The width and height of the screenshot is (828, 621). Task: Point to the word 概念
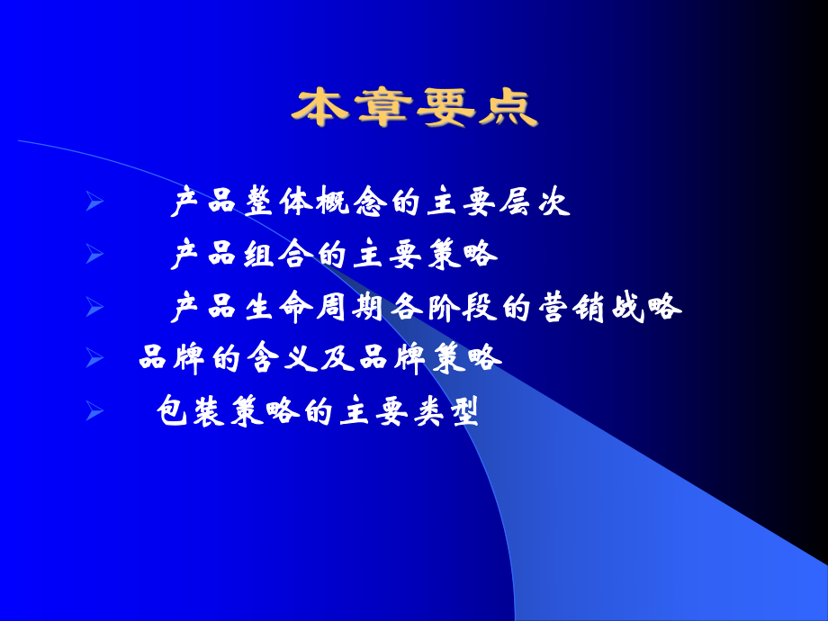coord(353,204)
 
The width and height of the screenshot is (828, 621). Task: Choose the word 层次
coord(537,204)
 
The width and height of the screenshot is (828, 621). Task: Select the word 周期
coord(353,308)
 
